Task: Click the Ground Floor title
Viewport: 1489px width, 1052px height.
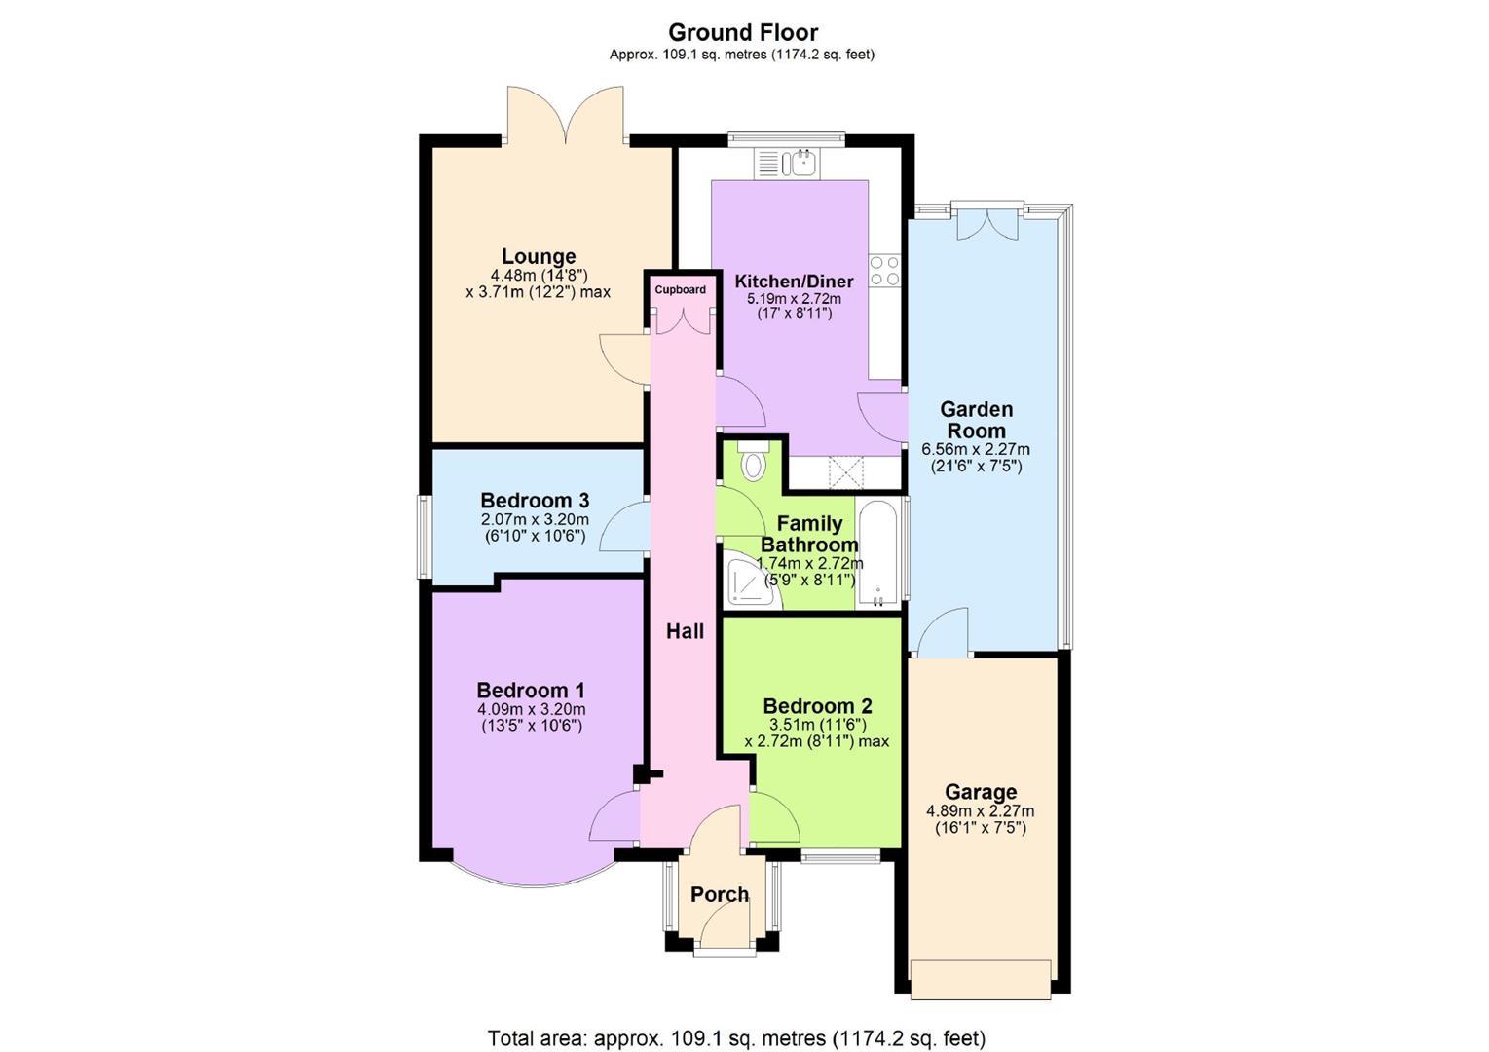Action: coord(742,32)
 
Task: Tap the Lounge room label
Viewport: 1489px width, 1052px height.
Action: coord(539,256)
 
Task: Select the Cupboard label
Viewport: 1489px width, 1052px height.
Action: coord(680,290)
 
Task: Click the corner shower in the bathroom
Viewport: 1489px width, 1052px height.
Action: coord(755,580)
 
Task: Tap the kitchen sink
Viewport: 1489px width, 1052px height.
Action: coord(787,164)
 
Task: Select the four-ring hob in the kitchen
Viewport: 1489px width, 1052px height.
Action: coord(884,271)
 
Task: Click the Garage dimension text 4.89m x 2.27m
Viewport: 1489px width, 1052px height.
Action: coord(980,811)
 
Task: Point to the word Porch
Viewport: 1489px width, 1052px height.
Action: coord(720,894)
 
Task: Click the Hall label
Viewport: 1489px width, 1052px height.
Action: coord(685,631)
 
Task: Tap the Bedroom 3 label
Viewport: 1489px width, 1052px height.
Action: coord(535,500)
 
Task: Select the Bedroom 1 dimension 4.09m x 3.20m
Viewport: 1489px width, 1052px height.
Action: coord(531,709)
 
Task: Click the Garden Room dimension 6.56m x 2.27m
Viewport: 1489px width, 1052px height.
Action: coord(976,449)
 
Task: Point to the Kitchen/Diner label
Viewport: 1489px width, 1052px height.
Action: coord(794,282)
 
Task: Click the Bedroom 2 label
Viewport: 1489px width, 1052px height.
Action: coord(817,705)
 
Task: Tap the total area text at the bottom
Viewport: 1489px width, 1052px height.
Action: coord(736,1038)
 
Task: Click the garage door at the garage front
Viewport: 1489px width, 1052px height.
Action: coord(981,980)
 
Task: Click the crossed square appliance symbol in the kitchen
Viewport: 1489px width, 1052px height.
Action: coord(845,472)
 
